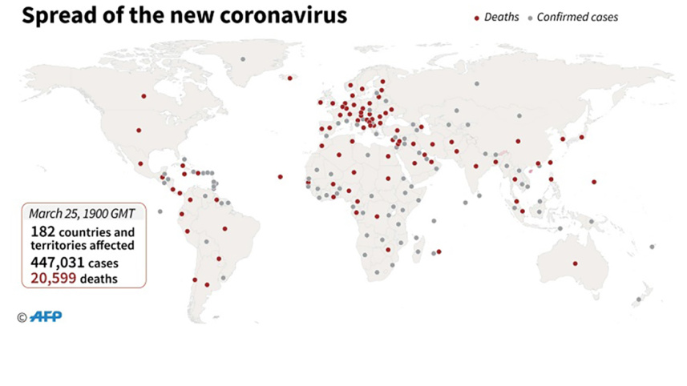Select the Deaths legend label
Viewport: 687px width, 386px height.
coord(501,17)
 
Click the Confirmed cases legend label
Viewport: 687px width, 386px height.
coord(577,17)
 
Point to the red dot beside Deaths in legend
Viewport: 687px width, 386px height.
coord(477,18)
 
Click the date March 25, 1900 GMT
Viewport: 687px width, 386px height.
coord(82,214)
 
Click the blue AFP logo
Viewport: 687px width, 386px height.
coord(46,317)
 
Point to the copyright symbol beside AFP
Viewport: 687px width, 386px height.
coord(22,318)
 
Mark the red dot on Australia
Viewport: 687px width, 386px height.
coord(575,263)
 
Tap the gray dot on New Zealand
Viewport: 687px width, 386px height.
coord(638,300)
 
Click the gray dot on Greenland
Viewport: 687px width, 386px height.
coord(244,59)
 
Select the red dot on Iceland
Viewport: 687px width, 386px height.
coord(289,78)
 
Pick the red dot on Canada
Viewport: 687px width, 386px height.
coord(144,96)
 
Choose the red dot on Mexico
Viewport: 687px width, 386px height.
coord(141,163)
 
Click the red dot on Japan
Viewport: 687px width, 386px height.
coord(581,137)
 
